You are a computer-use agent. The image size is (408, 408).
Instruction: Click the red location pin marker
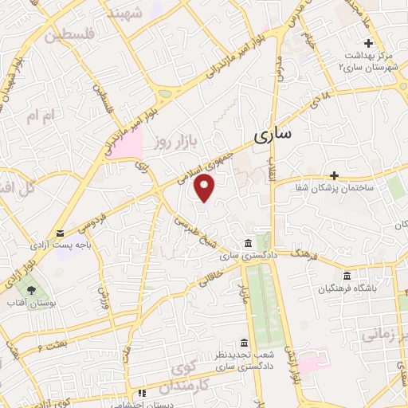pyautogui.click(x=206, y=188)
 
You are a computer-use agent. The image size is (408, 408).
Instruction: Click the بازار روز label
pyautogui.click(x=175, y=142)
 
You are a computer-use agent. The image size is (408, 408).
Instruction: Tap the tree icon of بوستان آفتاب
pyautogui.click(x=31, y=291)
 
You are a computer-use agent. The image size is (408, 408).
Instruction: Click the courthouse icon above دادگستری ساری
pyautogui.click(x=249, y=243)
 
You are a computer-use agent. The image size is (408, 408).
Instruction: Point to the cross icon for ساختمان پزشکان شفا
pyautogui.click(x=335, y=175)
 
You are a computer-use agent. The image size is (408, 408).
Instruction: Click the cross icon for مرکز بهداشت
pyautogui.click(x=367, y=42)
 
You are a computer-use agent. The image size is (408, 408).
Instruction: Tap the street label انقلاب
pyautogui.click(x=272, y=168)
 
